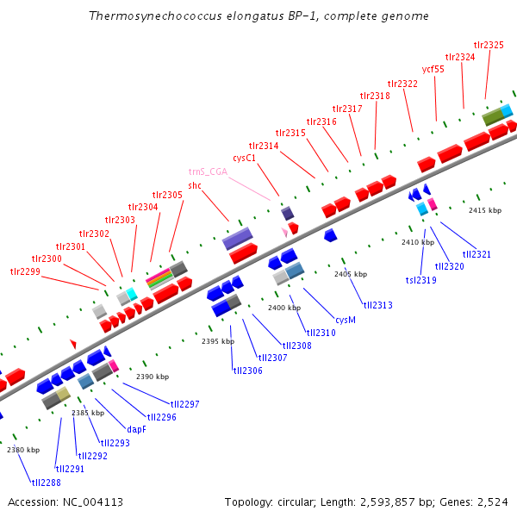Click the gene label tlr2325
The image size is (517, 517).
click(489, 44)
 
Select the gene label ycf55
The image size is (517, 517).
click(433, 69)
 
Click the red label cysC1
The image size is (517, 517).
click(245, 158)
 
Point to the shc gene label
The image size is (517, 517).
click(195, 185)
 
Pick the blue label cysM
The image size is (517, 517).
click(346, 319)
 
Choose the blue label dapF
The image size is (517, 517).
click(137, 429)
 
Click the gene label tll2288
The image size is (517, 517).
click(46, 483)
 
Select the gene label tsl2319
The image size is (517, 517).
click(421, 280)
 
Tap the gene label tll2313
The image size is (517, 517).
click(377, 305)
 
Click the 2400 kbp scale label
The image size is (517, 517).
click(283, 308)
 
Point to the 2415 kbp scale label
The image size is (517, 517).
click(484, 210)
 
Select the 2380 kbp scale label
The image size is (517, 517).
click(23, 450)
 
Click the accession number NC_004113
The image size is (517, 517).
click(65, 501)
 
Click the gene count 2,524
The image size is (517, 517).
click(492, 501)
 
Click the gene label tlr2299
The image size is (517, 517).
click(25, 271)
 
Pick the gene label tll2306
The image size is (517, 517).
click(247, 371)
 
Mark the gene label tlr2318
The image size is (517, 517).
click(375, 96)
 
